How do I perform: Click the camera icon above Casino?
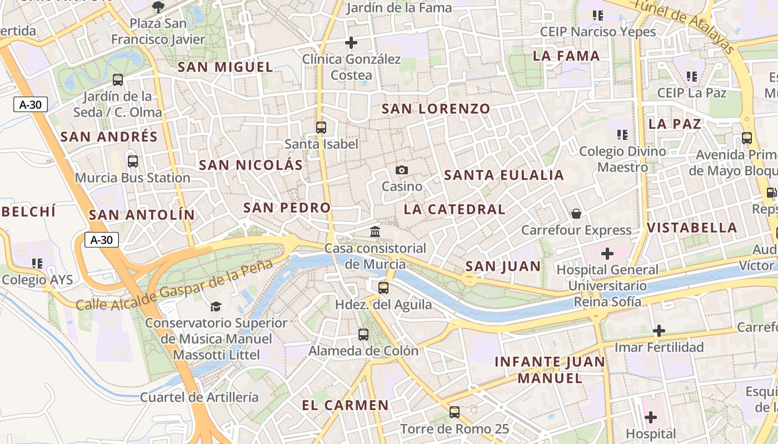coord(402,170)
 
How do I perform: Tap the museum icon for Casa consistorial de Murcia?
coord(375,231)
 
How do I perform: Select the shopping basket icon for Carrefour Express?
coord(576,213)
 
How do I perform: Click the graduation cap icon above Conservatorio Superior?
coord(216,306)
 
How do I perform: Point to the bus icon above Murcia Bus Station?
coord(132,162)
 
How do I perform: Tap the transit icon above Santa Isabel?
coord(321,127)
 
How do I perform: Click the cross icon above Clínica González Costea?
coord(351,42)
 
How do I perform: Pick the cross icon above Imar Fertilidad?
coord(659,331)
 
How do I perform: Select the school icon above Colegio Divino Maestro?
coord(622,134)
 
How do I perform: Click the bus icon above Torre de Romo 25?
coord(455,412)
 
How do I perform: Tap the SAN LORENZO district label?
coord(436,109)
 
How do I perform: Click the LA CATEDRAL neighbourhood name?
coord(455,209)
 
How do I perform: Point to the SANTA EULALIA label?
coord(504,175)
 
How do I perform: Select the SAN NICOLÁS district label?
coord(251,165)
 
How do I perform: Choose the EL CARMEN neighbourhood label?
coord(345,405)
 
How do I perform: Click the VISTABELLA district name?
coord(692,228)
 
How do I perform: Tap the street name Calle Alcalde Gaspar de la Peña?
coord(174,285)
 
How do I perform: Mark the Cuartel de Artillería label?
coord(199,397)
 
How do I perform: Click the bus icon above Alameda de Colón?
coord(363,334)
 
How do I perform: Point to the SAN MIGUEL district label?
coord(225,67)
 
